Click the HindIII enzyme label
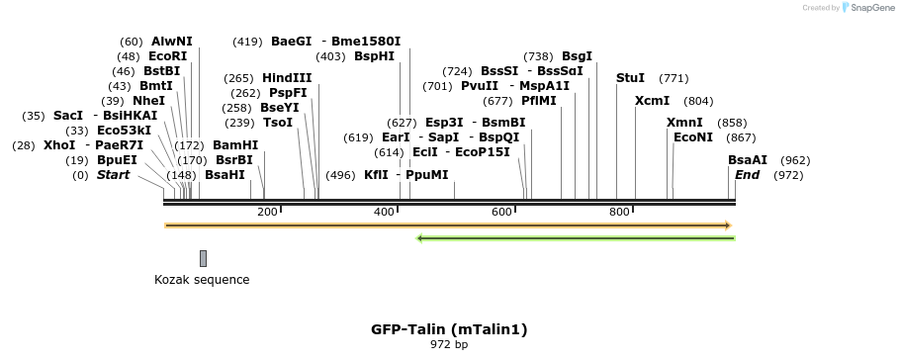coord(287,78)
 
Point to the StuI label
coord(630,78)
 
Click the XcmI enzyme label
coord(652,101)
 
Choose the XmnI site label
coord(684,123)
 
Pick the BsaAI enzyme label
coord(748,160)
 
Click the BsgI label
coord(577,56)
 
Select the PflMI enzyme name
coord(539,101)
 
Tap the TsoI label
coord(278,123)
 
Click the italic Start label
coord(113,175)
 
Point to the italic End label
coord(747,175)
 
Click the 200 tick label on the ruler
coord(267,212)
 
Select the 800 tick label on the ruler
coord(620,212)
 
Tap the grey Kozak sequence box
coord(203,258)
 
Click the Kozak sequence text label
coord(202,280)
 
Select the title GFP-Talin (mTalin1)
coord(449,329)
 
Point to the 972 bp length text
coord(449,345)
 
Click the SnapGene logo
coord(867,8)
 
